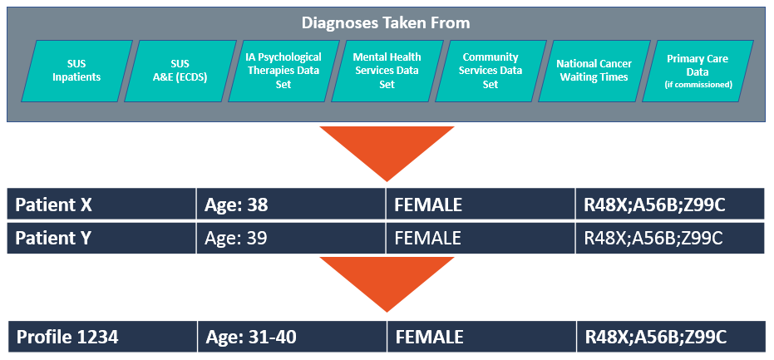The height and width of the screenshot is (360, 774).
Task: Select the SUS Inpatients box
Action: pos(76,71)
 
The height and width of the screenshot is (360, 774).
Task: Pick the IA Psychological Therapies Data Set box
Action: pos(283,71)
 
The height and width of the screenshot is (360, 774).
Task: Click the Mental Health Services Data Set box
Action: pos(387,71)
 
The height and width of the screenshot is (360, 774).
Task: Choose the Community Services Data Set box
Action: pos(491,71)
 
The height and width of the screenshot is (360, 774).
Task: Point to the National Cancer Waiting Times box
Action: pos(594,71)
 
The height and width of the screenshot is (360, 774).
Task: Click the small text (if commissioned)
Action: pos(698,85)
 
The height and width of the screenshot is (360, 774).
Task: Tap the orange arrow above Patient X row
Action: pos(387,150)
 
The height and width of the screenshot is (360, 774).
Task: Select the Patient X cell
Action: pos(101,205)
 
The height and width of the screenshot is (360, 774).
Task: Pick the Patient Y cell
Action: pos(101,238)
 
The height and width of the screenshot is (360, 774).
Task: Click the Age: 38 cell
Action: pos(291,205)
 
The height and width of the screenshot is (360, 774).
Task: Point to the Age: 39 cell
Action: pos(291,238)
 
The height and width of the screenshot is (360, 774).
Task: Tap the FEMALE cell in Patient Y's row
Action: pos(481,238)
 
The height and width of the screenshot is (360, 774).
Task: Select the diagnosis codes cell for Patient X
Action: pos(670,205)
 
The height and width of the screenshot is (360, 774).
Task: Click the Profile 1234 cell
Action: pos(103,337)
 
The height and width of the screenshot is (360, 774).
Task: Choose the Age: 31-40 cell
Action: pos(293,337)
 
